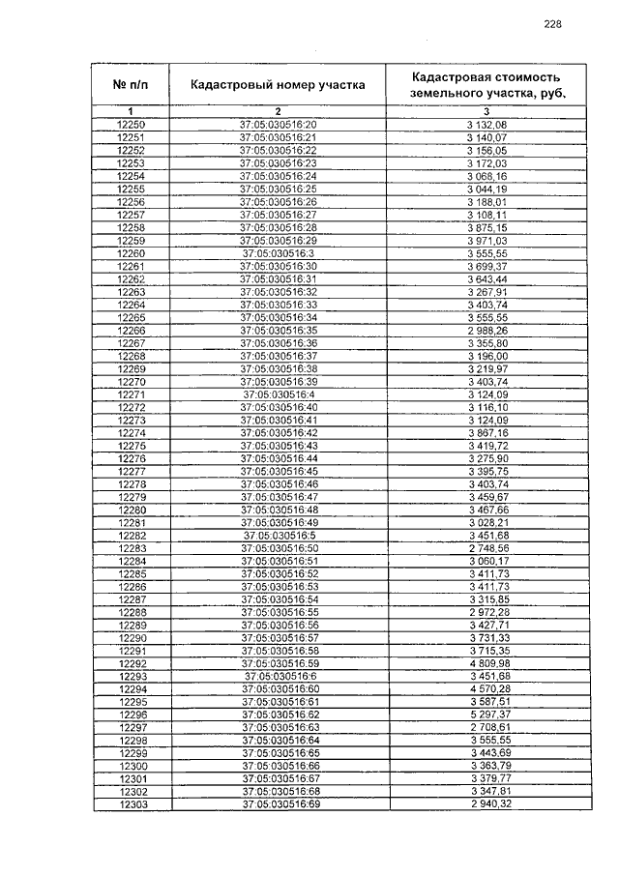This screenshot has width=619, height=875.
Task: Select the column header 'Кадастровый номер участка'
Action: pos(278,85)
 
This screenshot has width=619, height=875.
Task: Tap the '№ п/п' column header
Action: pos(131,85)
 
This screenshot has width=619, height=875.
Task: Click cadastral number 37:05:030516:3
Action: pos(278,252)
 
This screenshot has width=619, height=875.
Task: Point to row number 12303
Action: pos(131,804)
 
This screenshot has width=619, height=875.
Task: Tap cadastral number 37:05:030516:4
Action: pos(278,394)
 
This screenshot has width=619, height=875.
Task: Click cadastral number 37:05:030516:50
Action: pos(278,548)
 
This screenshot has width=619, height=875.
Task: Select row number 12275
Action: pos(131,446)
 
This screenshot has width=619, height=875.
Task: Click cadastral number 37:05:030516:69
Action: pos(278,804)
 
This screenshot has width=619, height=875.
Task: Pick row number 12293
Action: pos(131,676)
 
